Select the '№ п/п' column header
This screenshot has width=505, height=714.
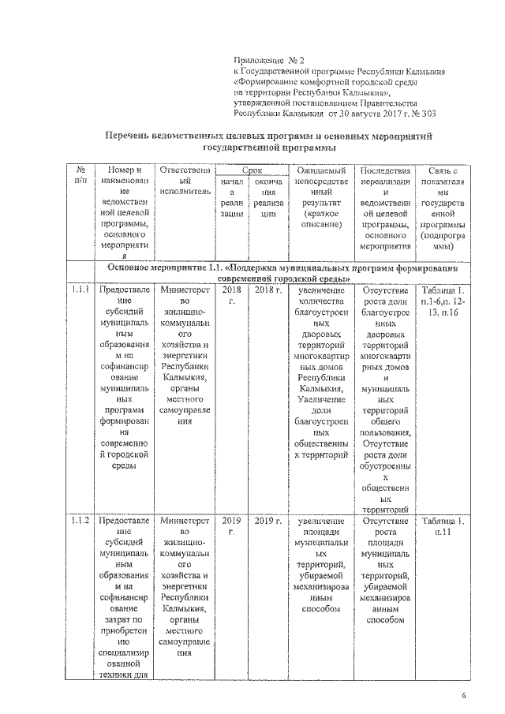coord(80,176)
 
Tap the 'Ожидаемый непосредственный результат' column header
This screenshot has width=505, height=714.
coord(320,197)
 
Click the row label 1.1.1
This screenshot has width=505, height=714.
coord(80,291)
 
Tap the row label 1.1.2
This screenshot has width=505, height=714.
coord(80,521)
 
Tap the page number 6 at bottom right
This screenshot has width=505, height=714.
coord(463,695)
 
